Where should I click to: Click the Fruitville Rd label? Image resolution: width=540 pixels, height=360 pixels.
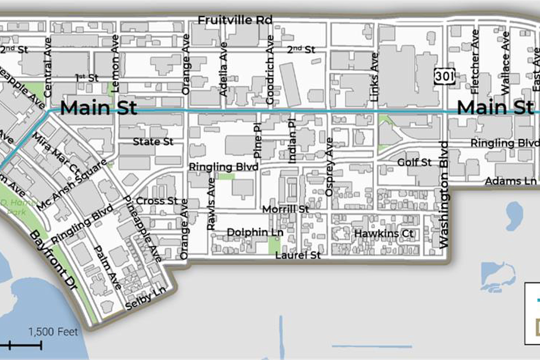tap(235, 20)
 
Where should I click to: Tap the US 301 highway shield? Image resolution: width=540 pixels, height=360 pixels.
tap(444, 76)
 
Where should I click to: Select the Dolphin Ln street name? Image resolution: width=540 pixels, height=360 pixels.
tap(255, 232)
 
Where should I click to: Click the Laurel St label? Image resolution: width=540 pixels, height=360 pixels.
tap(297, 255)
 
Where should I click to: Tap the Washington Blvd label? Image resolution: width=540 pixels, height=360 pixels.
tap(443, 194)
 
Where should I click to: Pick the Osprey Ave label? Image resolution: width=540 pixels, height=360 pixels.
tap(329, 167)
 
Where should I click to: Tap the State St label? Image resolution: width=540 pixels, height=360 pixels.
tap(153, 142)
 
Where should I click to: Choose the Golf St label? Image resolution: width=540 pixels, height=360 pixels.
tap(414, 162)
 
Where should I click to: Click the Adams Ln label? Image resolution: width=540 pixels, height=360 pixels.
tap(510, 181)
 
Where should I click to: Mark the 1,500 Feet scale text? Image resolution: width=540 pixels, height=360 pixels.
tap(53, 332)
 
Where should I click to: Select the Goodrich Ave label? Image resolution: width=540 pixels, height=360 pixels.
tap(270, 70)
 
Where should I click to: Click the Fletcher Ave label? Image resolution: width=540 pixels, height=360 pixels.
tap(474, 61)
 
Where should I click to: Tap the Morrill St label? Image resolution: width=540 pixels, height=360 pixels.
tap(285, 209)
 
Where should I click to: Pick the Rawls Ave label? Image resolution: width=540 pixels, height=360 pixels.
tap(211, 204)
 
